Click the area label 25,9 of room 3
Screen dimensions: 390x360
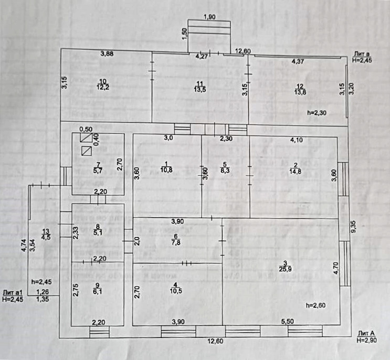tap(285, 270)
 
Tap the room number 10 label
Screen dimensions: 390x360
tap(102, 81)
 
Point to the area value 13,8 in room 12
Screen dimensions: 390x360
tap(300, 92)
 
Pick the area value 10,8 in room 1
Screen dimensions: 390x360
tap(166, 170)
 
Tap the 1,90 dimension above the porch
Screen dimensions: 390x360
tap(209, 17)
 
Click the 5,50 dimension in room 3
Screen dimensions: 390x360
tap(288, 321)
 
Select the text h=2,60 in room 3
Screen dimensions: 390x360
tap(316, 305)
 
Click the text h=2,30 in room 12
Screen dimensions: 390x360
tap(318, 113)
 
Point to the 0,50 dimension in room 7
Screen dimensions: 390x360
tap(86, 129)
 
